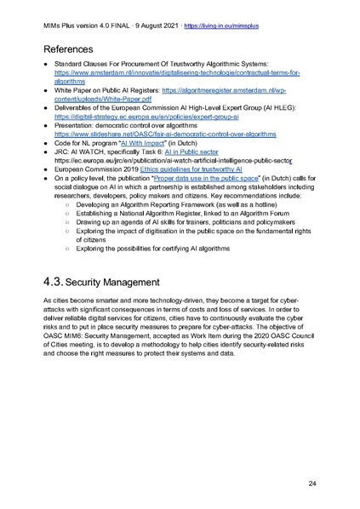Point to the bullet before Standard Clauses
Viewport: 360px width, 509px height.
45,66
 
